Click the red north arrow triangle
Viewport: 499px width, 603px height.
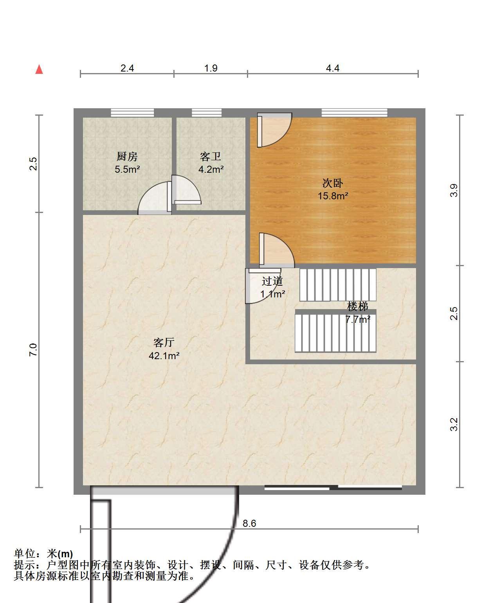tap(39, 69)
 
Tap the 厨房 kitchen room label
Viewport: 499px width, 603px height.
tap(127, 157)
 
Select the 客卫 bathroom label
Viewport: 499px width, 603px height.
tap(211, 157)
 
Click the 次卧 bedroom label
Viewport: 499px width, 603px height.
tap(333, 183)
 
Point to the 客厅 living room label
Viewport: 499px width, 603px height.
tap(164, 342)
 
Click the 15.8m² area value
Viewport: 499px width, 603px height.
tap(333, 196)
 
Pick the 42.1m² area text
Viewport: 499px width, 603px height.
tap(164, 356)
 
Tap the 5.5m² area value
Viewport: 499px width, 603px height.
tap(127, 169)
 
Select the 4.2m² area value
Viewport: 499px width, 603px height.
tap(211, 169)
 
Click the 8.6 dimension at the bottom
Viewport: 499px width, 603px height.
tap(249, 523)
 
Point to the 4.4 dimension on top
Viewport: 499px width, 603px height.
tap(333, 68)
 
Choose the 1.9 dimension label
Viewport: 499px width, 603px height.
tap(211, 68)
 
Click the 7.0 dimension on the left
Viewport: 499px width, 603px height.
tap(33, 350)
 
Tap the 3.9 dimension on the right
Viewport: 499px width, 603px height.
tap(454, 190)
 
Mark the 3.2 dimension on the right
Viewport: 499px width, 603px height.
tap(454, 424)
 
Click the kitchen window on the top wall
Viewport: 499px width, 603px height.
tap(133, 113)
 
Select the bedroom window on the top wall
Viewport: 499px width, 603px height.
tap(354, 113)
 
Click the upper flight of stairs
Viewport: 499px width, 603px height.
tap(338, 285)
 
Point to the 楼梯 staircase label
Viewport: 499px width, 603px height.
tap(358, 306)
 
